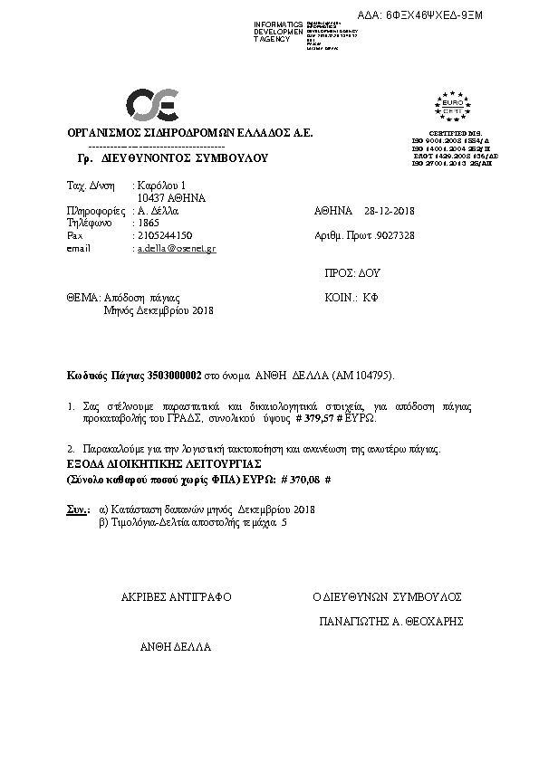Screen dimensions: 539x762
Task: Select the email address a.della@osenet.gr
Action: [x=176, y=248]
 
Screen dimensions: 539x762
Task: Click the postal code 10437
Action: [x=150, y=197]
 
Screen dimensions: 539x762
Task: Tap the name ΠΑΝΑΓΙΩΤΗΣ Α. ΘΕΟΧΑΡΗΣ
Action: [x=391, y=622]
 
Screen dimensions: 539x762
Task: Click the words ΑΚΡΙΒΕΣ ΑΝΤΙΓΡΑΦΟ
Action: [x=177, y=597]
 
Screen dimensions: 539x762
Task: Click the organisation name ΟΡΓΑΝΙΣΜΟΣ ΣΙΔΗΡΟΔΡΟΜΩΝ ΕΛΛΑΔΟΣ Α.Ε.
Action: [x=190, y=133]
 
